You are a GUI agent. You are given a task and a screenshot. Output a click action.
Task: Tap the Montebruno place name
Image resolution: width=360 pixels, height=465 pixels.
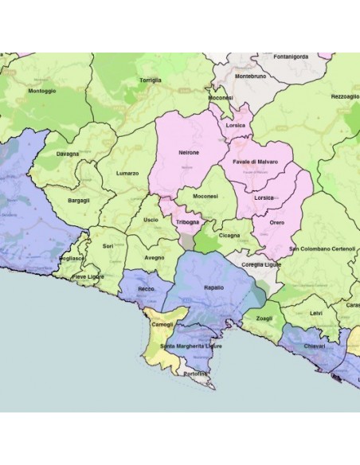251,76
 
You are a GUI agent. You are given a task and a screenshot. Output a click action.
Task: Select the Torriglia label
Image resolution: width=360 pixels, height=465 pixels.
150,80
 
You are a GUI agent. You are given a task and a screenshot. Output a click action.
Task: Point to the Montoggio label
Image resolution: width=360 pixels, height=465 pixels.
41,91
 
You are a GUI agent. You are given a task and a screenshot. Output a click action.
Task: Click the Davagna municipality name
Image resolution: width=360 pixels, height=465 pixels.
68,153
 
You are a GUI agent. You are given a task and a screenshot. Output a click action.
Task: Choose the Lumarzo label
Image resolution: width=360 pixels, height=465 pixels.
127,173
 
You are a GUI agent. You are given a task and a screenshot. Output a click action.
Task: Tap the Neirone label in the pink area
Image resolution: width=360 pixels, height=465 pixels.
188,152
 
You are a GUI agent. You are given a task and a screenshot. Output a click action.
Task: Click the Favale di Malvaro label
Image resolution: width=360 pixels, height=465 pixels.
255,162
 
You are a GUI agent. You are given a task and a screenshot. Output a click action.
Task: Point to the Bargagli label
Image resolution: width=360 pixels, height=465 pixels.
79,200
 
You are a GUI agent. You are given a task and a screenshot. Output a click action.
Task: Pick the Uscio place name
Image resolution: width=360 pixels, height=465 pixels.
151,220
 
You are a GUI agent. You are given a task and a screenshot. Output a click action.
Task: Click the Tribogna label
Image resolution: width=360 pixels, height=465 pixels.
188,222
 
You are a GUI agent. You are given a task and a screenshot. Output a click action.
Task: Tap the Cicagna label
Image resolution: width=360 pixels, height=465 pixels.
229,236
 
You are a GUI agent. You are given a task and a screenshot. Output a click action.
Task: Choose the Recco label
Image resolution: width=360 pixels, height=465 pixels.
147,288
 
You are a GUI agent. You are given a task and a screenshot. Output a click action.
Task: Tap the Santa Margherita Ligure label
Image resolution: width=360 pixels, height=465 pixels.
191,346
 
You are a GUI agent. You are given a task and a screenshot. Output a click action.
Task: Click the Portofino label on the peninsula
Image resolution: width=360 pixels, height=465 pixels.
194,373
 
